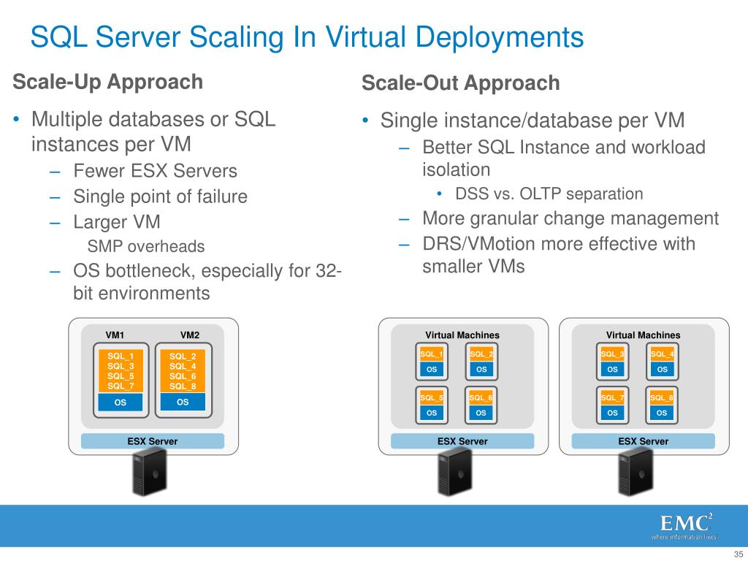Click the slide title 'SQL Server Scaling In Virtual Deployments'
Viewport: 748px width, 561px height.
click(x=306, y=37)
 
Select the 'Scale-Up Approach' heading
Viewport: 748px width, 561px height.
click(x=107, y=82)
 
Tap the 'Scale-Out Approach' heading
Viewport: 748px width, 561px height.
click(x=460, y=83)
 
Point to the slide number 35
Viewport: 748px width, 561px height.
click(x=737, y=553)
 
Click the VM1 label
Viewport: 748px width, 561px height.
click(x=115, y=335)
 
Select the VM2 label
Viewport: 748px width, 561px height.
click(x=190, y=335)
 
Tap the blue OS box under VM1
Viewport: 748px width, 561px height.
click(x=121, y=402)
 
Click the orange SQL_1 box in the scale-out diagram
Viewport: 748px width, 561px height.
click(x=432, y=354)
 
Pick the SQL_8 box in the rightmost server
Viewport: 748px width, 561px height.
click(x=662, y=398)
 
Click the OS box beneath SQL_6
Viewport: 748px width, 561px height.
click(x=481, y=413)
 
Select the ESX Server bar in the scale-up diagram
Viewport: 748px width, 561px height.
click(x=153, y=441)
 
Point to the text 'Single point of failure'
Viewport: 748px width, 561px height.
click(x=160, y=196)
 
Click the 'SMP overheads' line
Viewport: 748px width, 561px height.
click(x=146, y=246)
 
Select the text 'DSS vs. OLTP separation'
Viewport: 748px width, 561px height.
click(x=549, y=194)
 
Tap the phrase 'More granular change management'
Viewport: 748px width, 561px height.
click(x=570, y=218)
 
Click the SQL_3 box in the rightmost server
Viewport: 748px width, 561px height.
click(x=612, y=354)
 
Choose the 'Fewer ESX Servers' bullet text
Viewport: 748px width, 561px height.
click(x=155, y=172)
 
